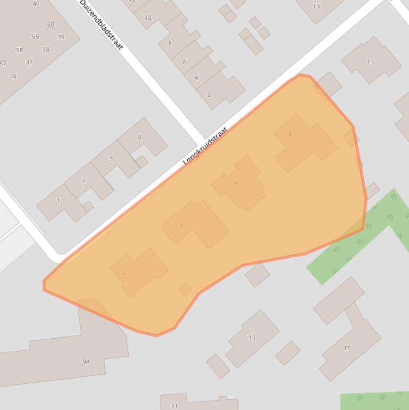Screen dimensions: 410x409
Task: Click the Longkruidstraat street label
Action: point(205,145)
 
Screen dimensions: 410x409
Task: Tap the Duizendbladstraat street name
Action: point(102,25)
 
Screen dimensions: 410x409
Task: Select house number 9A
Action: point(86,362)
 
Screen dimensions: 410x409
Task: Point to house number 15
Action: point(252,338)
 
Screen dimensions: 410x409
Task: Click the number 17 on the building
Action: point(347,348)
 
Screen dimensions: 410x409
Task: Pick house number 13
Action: point(316,6)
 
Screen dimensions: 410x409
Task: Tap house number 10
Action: point(148,18)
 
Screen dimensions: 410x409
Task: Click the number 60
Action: point(51,24)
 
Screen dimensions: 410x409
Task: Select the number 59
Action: point(35,37)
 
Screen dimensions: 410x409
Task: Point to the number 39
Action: point(61,37)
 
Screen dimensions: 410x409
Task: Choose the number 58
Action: point(20,50)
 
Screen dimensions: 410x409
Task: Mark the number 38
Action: point(46,50)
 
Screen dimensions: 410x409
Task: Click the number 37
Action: point(29,62)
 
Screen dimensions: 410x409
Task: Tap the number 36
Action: point(13,76)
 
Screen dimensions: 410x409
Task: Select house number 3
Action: point(111,159)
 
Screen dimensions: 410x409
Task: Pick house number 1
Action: point(59,201)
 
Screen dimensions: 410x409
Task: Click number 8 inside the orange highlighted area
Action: point(290,134)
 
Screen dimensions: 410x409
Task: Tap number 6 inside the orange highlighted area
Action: point(236,184)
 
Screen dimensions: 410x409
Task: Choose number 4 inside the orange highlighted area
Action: point(181,225)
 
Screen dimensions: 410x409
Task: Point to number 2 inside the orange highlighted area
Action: point(124,273)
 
